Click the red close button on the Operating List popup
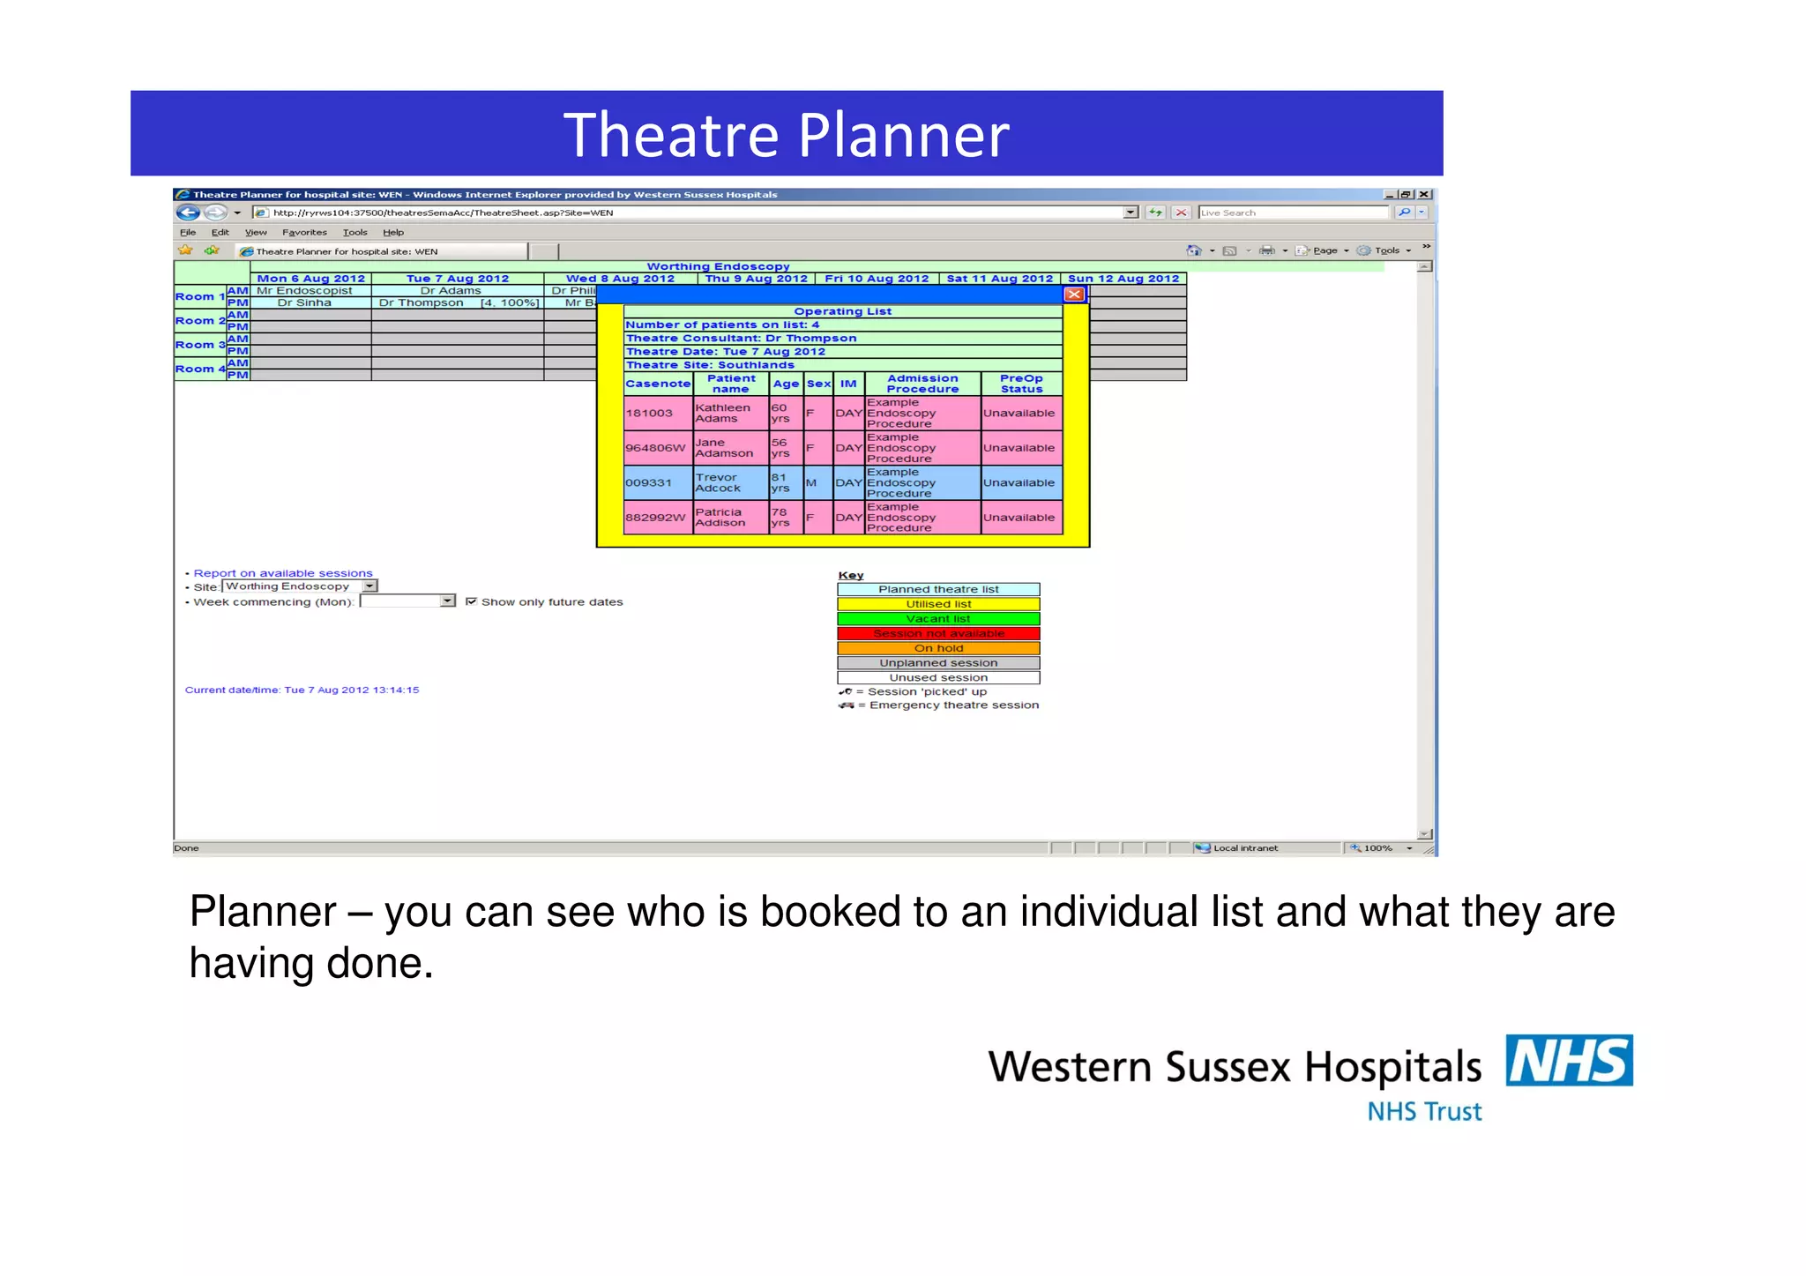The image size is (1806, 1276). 1073,295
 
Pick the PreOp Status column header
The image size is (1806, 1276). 1021,384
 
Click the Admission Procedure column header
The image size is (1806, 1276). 922,384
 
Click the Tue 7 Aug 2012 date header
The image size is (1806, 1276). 457,279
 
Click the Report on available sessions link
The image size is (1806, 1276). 283,573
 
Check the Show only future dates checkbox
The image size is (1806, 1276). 472,601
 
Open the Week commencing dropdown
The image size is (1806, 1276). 447,601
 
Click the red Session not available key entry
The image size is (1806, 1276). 938,633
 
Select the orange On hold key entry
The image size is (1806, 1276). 938,648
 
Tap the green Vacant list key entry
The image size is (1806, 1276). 938,619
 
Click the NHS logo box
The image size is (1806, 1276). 1569,1060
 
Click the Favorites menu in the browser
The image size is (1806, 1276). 304,233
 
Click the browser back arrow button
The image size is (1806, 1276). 187,213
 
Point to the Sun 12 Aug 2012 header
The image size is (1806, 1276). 1123,279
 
